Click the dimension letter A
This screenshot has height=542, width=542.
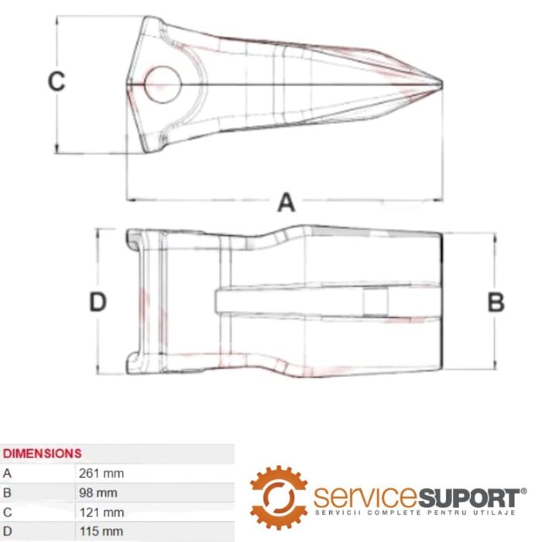point(286,203)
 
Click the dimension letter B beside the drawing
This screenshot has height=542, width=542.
point(496,302)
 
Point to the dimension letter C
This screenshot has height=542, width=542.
point(57,82)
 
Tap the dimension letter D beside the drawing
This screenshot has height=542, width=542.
point(97,302)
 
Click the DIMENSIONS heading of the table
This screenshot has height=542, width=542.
point(42,453)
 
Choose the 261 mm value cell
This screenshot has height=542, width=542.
point(101,472)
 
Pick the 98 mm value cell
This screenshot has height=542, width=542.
point(98,492)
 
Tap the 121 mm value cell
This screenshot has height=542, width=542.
point(101,512)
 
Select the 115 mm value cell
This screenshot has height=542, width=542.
point(101,532)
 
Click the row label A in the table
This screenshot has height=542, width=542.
point(8,472)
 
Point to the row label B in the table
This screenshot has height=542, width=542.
point(8,492)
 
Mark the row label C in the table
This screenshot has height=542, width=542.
point(8,512)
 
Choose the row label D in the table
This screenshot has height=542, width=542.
point(8,532)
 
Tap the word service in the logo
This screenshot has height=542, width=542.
point(364,496)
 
